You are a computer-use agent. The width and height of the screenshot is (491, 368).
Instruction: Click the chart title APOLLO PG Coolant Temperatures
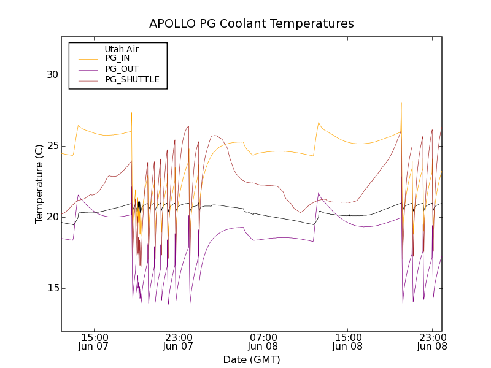tap(252, 24)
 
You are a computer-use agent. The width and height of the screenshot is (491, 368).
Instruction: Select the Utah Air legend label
tap(122, 49)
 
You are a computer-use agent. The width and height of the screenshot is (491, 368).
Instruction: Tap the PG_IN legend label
tap(117, 58)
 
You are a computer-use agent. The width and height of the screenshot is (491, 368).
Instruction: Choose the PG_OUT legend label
tap(122, 69)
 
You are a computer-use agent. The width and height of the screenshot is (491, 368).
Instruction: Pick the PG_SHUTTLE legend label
tap(132, 79)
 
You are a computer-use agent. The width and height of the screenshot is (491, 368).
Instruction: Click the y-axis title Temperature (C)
tap(39, 183)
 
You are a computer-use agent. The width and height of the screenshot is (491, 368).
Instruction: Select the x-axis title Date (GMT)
tap(252, 359)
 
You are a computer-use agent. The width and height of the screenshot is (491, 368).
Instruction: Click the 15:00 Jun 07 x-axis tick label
tap(95, 342)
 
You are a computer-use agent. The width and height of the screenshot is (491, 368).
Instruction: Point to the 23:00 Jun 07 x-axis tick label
tap(179, 342)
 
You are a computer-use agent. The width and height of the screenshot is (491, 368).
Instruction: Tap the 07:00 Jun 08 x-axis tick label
tap(263, 342)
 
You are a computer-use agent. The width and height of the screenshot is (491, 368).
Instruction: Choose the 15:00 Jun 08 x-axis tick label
tap(347, 342)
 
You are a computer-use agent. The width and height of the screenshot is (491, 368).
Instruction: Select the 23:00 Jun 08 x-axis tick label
tap(431, 342)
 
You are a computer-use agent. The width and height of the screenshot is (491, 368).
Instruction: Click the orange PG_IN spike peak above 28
tap(401, 103)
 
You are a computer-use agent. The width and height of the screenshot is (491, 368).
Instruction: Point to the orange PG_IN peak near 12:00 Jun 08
tap(319, 123)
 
